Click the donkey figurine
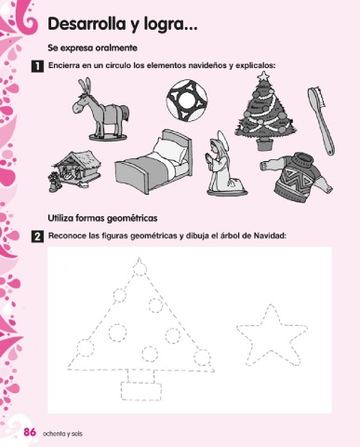click(100, 109)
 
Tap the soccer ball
click(187, 100)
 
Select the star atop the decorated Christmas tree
click(263, 75)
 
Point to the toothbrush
click(321, 120)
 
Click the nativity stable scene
click(74, 171)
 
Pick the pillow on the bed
click(171, 151)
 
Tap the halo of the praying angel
click(220, 137)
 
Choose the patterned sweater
click(296, 178)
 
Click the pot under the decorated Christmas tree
click(265, 144)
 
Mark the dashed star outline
click(272, 335)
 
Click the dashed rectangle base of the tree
click(141, 392)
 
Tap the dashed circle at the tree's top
click(140, 268)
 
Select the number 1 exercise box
click(37, 66)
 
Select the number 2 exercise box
click(37, 237)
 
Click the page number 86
click(30, 432)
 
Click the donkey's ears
click(86, 85)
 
